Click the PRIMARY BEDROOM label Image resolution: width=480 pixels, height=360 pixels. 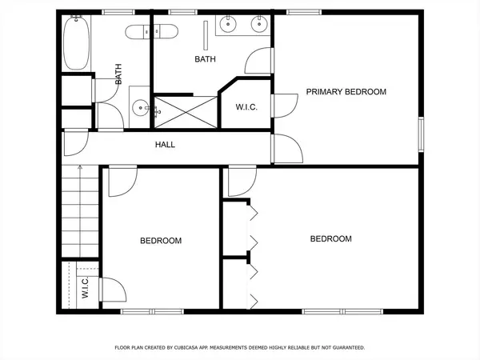(346, 92)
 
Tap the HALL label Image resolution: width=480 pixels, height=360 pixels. (165, 145)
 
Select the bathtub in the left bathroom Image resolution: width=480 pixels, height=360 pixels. (76, 42)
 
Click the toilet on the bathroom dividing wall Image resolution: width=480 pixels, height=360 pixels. (151, 32)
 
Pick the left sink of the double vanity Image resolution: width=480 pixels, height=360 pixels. (228, 23)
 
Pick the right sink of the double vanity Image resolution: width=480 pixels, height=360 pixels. (259, 23)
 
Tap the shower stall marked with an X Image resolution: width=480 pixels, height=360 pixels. (186, 112)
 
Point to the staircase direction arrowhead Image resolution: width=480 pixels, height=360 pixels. (80, 167)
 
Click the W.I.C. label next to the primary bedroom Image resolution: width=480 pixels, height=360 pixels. (246, 107)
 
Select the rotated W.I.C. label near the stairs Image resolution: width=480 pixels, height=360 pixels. (85, 287)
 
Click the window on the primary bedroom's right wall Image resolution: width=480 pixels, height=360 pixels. (422, 134)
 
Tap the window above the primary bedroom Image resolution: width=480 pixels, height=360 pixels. (304, 12)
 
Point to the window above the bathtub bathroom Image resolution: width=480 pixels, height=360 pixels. (118, 12)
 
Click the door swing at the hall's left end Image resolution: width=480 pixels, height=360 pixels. (76, 143)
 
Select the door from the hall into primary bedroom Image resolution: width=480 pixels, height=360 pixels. (287, 149)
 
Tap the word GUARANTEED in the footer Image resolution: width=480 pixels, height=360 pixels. (349, 347)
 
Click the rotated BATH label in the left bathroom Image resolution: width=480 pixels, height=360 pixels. (118, 74)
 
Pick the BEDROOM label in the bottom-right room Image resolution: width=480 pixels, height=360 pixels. (331, 238)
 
